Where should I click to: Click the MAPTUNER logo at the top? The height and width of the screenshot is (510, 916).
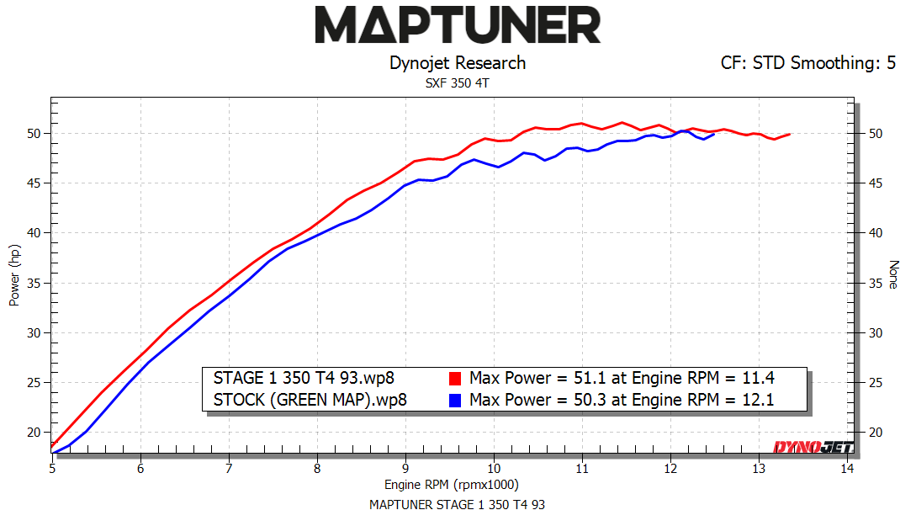point(458,25)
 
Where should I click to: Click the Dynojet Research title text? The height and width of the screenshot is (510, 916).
point(458,63)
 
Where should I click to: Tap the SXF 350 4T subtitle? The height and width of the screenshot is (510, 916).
point(458,82)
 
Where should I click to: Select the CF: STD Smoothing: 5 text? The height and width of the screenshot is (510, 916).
point(807,63)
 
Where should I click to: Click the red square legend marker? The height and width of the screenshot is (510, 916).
point(455,377)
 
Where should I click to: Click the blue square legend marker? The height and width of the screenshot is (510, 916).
point(455,400)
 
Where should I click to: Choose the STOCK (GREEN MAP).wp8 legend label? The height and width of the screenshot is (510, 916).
point(310,400)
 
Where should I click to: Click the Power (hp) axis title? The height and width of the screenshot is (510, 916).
point(14,275)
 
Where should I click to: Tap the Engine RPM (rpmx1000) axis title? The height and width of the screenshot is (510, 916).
point(452,485)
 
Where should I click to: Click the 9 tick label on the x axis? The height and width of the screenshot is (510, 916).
point(405,468)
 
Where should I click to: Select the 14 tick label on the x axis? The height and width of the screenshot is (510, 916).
point(846,468)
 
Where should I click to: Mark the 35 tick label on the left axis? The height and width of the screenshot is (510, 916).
point(34,283)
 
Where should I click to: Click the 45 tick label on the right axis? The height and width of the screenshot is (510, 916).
point(876,183)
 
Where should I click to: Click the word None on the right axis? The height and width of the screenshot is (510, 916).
point(894,275)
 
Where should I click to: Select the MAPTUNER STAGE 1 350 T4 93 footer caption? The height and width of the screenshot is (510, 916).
point(458,504)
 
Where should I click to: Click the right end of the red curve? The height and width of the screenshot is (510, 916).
point(789,134)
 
